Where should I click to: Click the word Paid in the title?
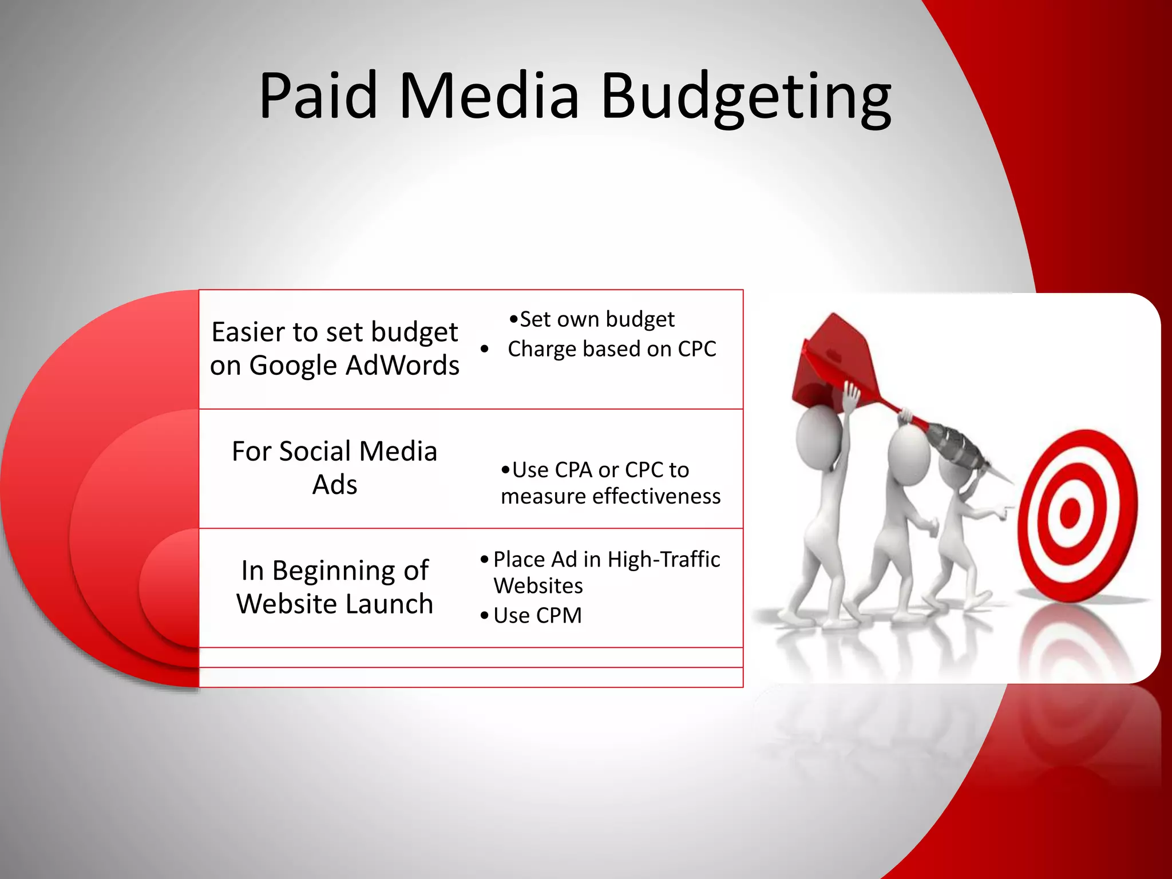click(318, 95)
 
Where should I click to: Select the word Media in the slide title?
click(489, 95)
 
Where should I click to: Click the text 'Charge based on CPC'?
click(611, 349)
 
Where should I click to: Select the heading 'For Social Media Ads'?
click(335, 468)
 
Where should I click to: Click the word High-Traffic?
click(663, 559)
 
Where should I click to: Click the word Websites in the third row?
click(538, 586)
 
